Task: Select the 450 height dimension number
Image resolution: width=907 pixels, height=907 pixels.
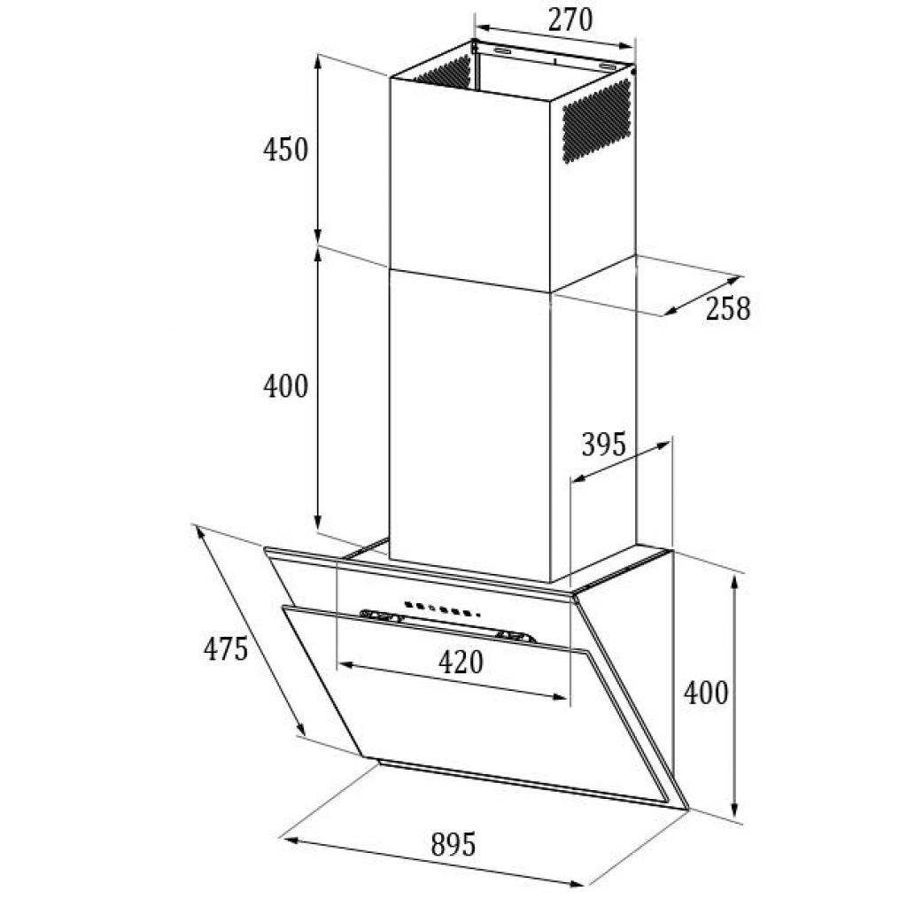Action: point(286,149)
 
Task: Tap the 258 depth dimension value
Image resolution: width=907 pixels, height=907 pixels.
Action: point(728,308)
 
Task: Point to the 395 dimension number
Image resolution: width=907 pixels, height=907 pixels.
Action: point(603,445)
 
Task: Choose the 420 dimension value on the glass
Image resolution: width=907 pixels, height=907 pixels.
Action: point(461,662)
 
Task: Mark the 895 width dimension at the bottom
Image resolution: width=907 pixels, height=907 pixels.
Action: point(453,844)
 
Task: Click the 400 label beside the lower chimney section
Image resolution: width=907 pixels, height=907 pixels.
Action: point(286,386)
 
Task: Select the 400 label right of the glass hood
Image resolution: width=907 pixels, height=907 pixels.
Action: point(706,693)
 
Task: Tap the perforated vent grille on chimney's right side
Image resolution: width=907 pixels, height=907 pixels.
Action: point(596,120)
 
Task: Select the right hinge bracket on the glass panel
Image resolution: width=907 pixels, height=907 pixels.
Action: point(516,637)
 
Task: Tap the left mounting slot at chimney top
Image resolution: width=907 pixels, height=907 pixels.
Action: point(503,52)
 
